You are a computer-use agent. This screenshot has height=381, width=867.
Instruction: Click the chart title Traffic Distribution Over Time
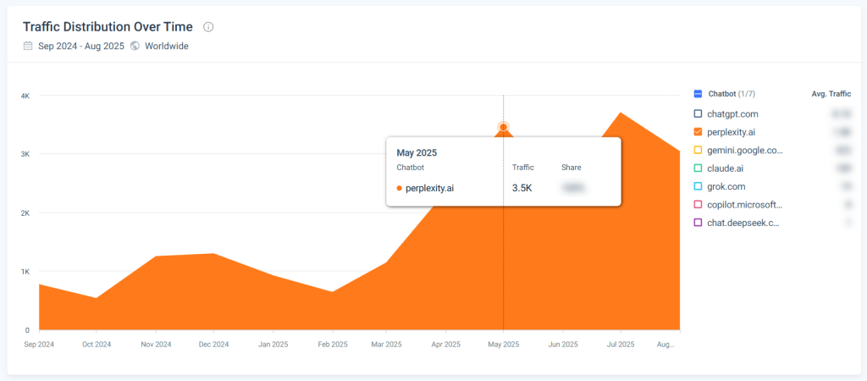tap(108, 27)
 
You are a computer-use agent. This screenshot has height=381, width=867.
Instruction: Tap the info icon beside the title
tap(209, 27)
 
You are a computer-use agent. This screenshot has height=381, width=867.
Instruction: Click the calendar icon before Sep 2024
tap(29, 46)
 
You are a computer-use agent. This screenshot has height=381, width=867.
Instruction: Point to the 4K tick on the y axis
tap(25, 97)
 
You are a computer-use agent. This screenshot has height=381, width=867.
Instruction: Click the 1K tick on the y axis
tap(25, 272)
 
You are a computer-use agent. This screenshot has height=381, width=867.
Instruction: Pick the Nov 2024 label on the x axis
tap(156, 345)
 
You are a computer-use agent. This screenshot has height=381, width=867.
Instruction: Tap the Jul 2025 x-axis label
tap(621, 345)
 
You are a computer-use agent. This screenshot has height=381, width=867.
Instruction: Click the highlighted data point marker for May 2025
tap(504, 128)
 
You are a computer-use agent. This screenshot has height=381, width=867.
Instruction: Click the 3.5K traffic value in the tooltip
tap(522, 188)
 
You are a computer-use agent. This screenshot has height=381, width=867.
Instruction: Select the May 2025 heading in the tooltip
tap(417, 153)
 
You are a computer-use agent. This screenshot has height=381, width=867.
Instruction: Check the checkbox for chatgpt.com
tap(698, 113)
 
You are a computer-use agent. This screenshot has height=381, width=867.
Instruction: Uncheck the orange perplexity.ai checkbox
tap(698, 132)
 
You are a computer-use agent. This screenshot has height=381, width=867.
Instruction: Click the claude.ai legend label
tap(726, 168)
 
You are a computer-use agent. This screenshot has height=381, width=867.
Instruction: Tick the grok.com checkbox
tap(698, 186)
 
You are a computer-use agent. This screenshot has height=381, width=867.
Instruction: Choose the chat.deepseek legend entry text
tap(743, 223)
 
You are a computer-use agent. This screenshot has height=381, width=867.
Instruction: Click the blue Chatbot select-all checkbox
tap(698, 94)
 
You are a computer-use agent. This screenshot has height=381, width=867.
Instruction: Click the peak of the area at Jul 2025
tap(621, 113)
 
